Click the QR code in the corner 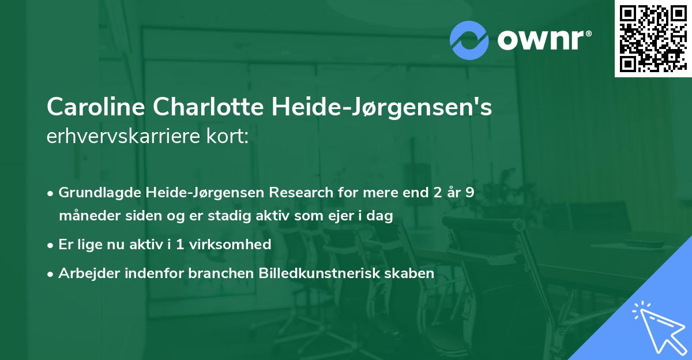[653, 39]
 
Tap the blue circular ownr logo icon [470, 40]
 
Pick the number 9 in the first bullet [470, 192]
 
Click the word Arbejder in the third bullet [85, 273]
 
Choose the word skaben [412, 273]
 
